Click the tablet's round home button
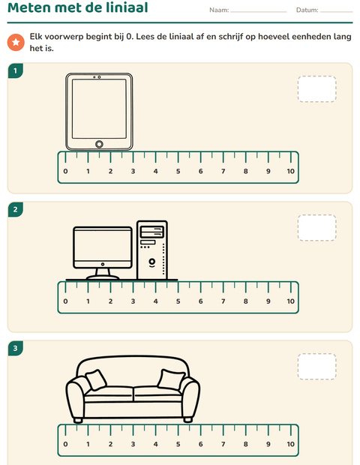(99, 144)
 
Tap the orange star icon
(16, 42)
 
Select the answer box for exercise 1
(317, 89)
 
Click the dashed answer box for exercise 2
(317, 228)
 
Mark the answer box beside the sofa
(317, 367)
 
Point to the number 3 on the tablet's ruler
(133, 171)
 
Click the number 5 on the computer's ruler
(178, 301)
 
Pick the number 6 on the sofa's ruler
(201, 444)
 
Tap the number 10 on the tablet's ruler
(290, 171)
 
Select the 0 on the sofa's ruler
(65, 444)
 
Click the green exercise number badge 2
(16, 210)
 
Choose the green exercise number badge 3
(16, 348)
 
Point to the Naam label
(219, 10)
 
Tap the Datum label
(307, 10)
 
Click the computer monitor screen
(103, 246)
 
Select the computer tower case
(152, 250)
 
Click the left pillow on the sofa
(96, 379)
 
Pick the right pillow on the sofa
(171, 379)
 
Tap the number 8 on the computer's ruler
(246, 301)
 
